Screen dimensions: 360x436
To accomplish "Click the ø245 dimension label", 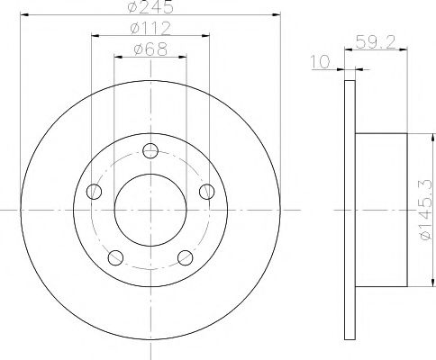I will coord(150,8).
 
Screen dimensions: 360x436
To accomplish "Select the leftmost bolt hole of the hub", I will coord(93,191).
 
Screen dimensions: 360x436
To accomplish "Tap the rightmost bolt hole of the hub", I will coord(207,191).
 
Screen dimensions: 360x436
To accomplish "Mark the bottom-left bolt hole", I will coord(114,257).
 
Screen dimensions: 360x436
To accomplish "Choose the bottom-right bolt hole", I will coord(186,257).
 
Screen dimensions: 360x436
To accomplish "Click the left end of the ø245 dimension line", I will coord(20,15).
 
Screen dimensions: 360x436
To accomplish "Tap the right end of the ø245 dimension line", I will coord(280,15).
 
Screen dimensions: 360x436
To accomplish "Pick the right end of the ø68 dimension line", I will coord(186,56).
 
